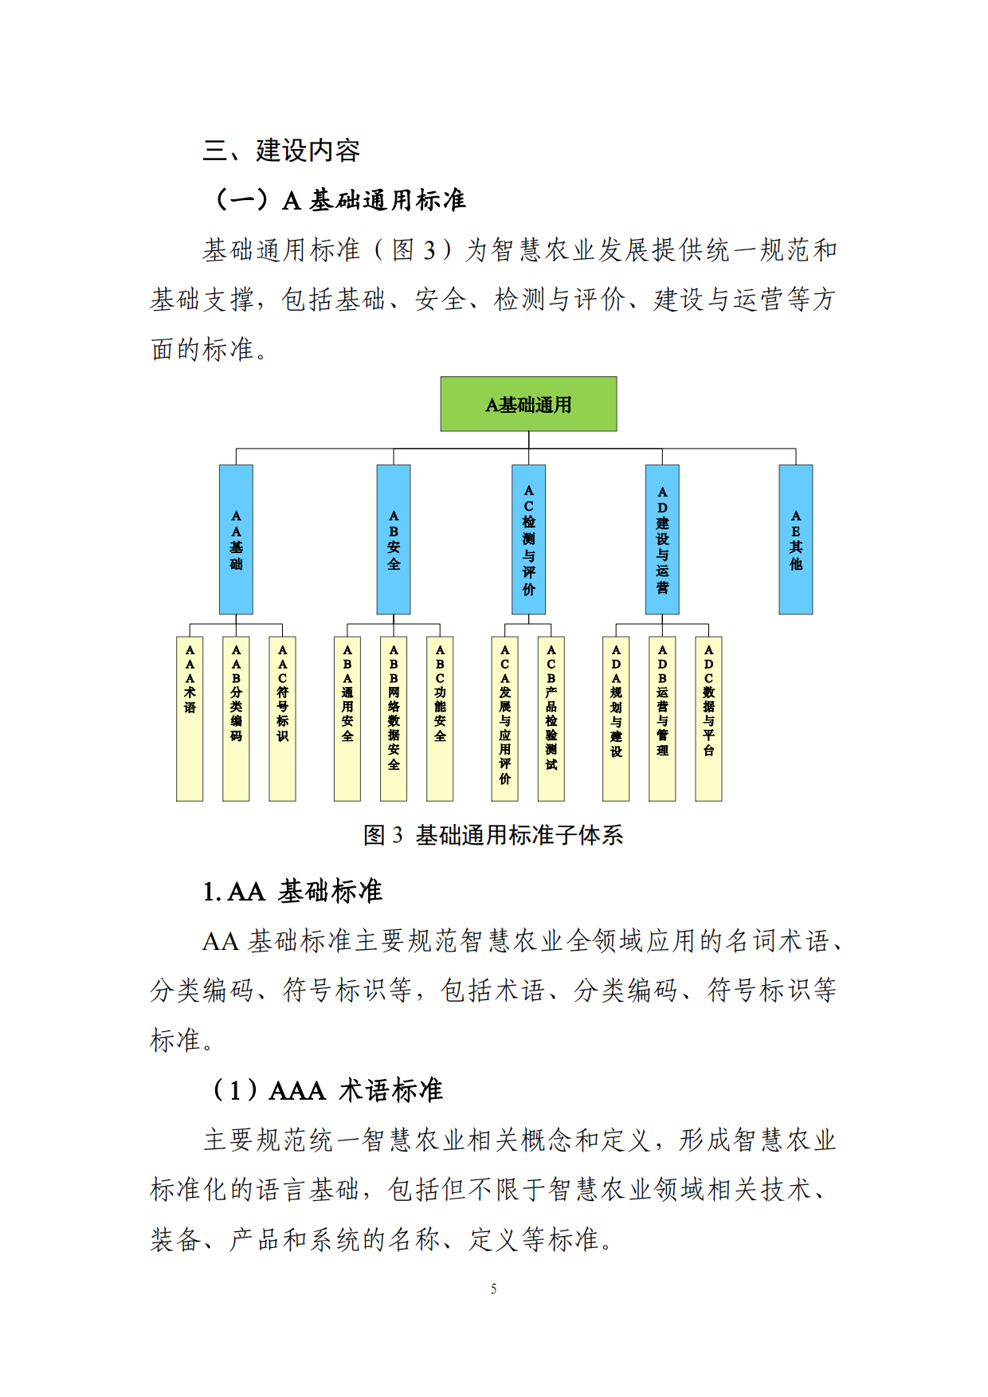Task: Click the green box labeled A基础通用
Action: click(528, 404)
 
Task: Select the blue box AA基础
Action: click(236, 540)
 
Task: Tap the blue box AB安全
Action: click(394, 540)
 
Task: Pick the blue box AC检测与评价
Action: click(528, 540)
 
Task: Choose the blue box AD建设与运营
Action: click(662, 540)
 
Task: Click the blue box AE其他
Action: click(795, 540)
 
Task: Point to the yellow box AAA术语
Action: click(190, 718)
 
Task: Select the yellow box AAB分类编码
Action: click(236, 718)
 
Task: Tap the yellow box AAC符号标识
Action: click(282, 718)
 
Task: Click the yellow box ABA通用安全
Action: click(347, 718)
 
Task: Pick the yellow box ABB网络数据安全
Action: click(394, 718)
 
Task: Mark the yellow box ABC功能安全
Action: click(440, 718)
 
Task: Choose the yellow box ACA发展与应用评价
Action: click(504, 718)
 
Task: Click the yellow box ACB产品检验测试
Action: click(551, 718)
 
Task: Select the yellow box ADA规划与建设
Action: click(616, 718)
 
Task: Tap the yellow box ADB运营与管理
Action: click(662, 718)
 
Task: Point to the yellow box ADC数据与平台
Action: click(708, 718)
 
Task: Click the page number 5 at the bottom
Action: click(494, 1289)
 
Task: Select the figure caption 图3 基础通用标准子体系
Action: click(493, 835)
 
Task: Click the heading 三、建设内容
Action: click(281, 151)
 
